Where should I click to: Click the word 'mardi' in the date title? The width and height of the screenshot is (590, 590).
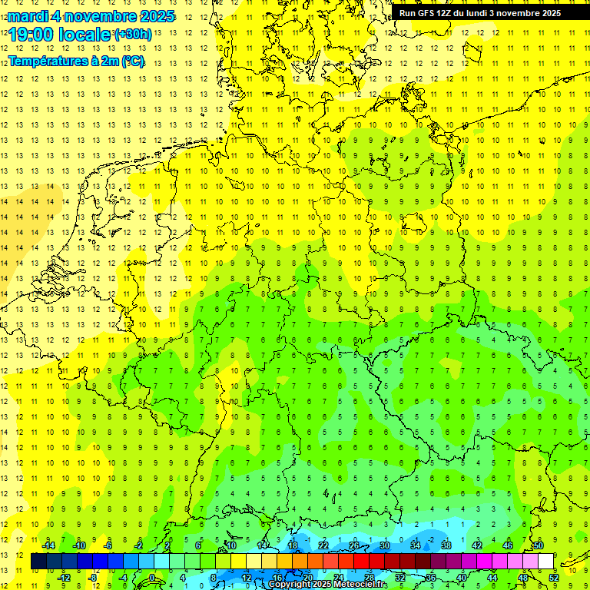point(25,16)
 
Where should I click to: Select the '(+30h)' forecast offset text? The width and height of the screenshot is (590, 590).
point(133,35)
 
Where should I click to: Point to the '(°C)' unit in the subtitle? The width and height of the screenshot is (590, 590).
point(131,61)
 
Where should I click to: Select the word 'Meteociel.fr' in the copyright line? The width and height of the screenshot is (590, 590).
point(361,585)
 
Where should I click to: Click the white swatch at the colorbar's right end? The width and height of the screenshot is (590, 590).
point(545,562)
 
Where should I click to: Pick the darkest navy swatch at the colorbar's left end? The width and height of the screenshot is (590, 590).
point(38,562)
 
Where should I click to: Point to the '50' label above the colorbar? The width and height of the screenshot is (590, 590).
point(539,545)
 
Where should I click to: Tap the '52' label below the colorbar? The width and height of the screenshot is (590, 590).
point(554,578)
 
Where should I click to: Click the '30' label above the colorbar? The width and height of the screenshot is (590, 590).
point(385,545)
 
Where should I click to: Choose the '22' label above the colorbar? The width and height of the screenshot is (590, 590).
point(323,545)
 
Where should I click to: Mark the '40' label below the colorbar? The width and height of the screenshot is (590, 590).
point(462,578)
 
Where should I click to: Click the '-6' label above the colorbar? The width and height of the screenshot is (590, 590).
point(109,545)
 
